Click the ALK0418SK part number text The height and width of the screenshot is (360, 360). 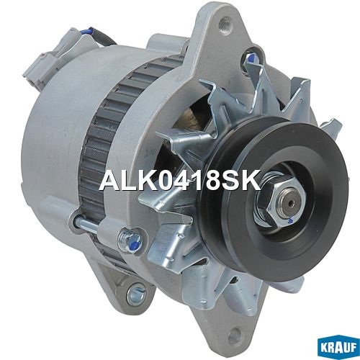pos(180,180)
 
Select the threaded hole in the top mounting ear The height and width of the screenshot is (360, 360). pos(225,22)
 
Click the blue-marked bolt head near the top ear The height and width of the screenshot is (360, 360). pos(250,58)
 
